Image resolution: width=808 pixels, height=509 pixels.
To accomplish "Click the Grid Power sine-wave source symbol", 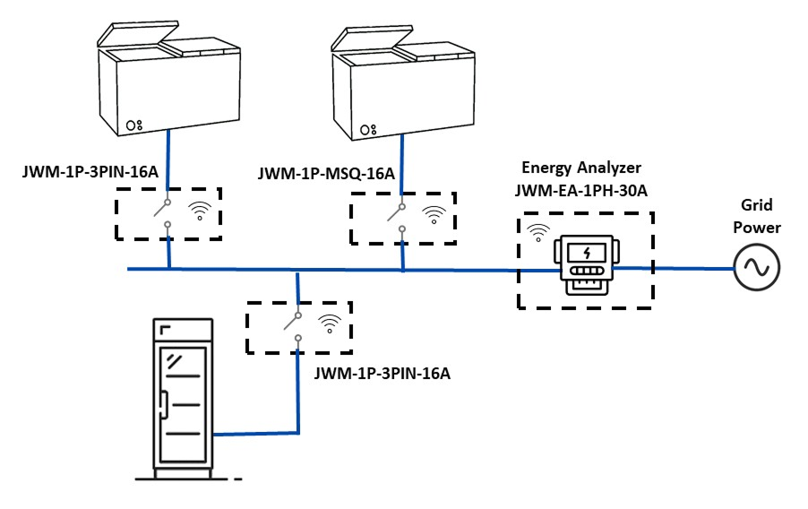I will (x=757, y=267).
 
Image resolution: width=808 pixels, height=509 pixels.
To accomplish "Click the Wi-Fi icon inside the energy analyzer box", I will (x=538, y=233).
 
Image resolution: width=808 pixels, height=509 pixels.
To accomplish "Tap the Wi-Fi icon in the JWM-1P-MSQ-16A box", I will (x=434, y=215).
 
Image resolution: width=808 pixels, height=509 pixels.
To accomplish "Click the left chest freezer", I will (x=170, y=81).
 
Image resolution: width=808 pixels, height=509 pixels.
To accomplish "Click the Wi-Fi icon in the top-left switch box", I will (x=200, y=212).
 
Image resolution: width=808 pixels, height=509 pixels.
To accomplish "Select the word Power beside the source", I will (x=757, y=228).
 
